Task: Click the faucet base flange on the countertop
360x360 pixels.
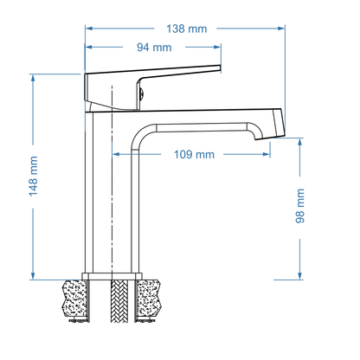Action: click(112, 276)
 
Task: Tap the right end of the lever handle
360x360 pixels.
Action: click(220, 71)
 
